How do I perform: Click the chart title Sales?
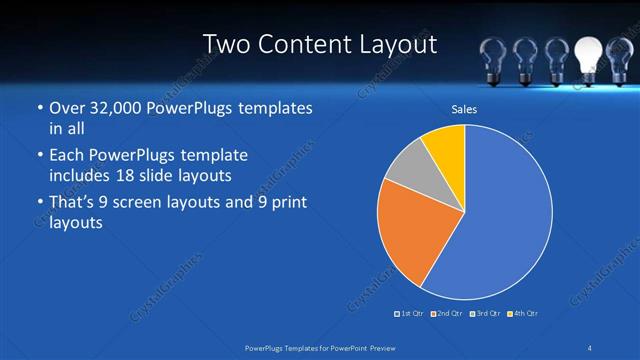pos(464,108)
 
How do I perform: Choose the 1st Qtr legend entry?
pos(410,314)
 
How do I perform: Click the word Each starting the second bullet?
pos(67,155)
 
